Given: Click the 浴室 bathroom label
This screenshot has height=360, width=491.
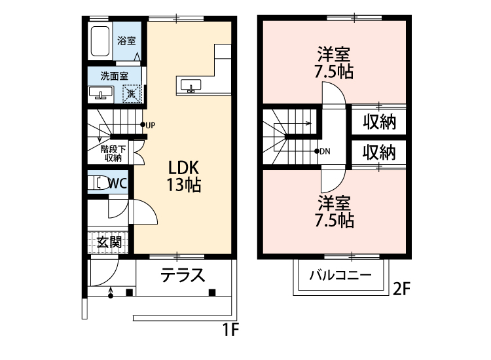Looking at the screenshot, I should [x=126, y=41].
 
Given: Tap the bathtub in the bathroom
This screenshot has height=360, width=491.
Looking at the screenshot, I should [x=100, y=41].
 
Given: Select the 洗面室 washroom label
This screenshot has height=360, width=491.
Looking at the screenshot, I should [x=114, y=75].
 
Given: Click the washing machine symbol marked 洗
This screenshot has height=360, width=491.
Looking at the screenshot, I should [x=132, y=94].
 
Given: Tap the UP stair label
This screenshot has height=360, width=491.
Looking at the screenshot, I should [x=150, y=124].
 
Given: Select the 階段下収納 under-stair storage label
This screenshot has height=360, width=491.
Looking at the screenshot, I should [x=113, y=153].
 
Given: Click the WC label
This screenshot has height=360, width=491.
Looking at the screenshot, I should [x=118, y=183].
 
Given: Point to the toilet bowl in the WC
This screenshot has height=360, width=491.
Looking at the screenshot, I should [x=100, y=183].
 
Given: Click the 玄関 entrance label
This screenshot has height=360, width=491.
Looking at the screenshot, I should [x=109, y=242].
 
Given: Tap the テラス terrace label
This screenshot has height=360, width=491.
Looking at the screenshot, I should [x=183, y=275].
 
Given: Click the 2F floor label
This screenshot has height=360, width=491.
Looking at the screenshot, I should [x=402, y=289].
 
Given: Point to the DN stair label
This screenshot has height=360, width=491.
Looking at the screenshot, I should [x=325, y=151].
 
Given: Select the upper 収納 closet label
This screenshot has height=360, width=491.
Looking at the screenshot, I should [x=379, y=122].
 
